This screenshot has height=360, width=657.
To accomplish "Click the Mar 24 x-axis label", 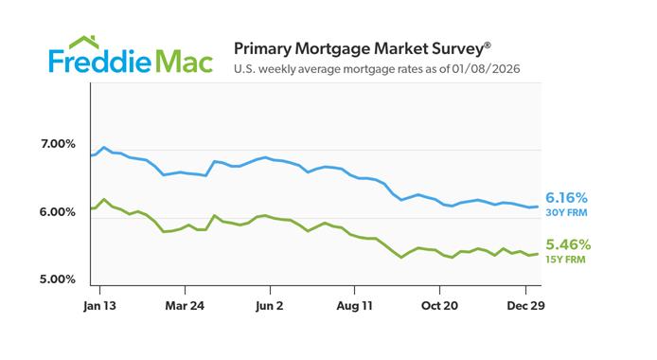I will [x=185, y=305].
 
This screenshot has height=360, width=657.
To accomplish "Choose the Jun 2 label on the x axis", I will [x=270, y=305].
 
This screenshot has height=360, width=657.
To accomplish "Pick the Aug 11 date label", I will [x=353, y=305].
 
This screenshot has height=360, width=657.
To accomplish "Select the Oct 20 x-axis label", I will [x=438, y=305].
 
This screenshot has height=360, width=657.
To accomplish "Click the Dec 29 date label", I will [x=524, y=305].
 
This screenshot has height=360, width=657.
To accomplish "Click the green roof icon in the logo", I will [x=83, y=42].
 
